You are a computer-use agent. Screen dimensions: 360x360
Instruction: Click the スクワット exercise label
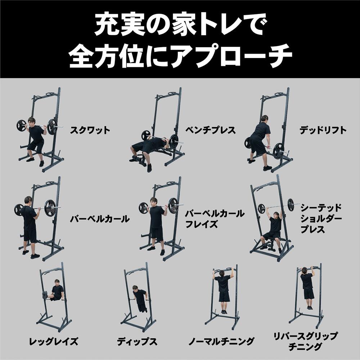(x=90, y=130)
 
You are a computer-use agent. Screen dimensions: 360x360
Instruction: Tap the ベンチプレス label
(x=211, y=130)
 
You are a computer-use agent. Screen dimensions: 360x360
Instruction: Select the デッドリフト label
(x=323, y=130)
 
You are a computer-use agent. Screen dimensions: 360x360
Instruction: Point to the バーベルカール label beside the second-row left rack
(x=100, y=219)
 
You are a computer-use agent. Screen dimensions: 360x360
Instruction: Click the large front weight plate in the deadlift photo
(x=278, y=150)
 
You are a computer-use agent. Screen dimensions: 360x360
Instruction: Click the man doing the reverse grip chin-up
(x=307, y=286)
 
